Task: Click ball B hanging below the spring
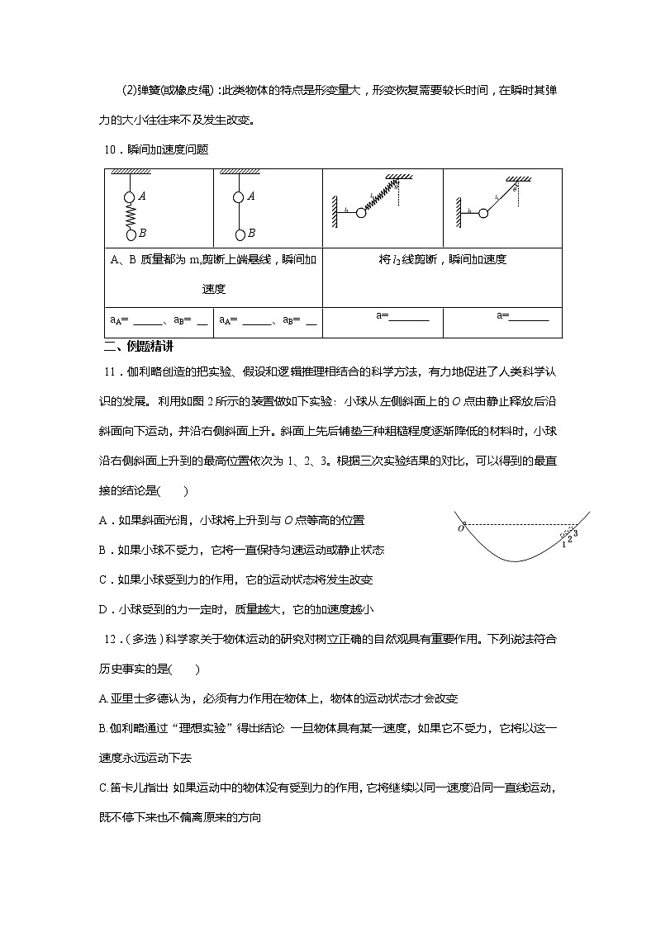[131, 234]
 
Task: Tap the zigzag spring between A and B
[131, 215]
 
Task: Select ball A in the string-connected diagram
[238, 196]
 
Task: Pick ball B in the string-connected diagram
[238, 234]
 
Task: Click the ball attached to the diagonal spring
[361, 213]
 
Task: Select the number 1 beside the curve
[563, 543]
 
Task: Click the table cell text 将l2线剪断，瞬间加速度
[442, 259]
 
